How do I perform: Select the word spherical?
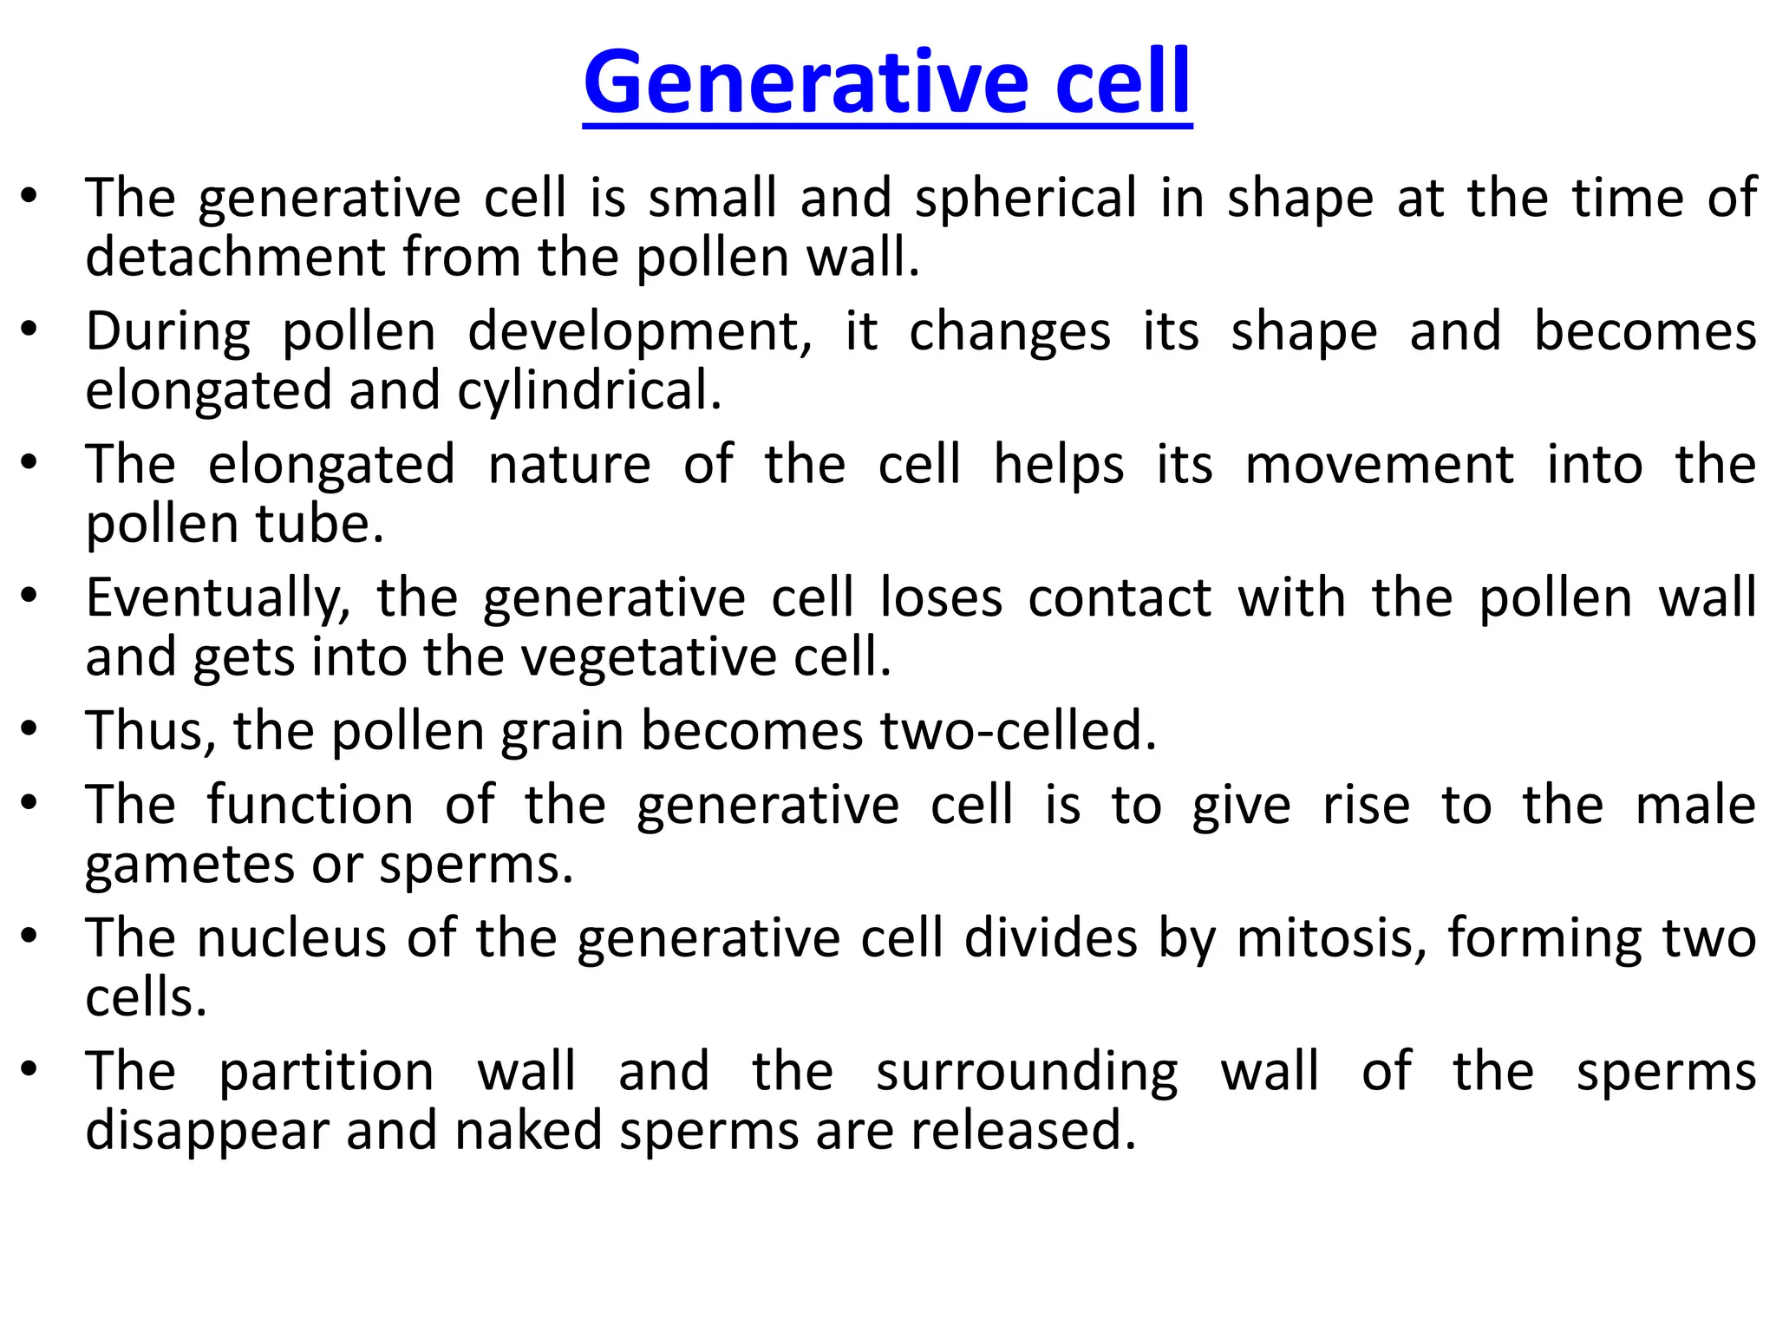pyautogui.click(x=1025, y=199)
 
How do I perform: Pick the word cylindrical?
pyautogui.click(x=589, y=391)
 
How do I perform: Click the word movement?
pyautogui.click(x=1379, y=465)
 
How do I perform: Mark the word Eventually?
pyautogui.click(x=218, y=599)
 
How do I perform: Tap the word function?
pyautogui.click(x=310, y=806)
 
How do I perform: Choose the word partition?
pyautogui.click(x=326, y=1072)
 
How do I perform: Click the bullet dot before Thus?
pyautogui.click(x=29, y=728)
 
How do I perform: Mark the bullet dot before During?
pyautogui.click(x=29, y=330)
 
